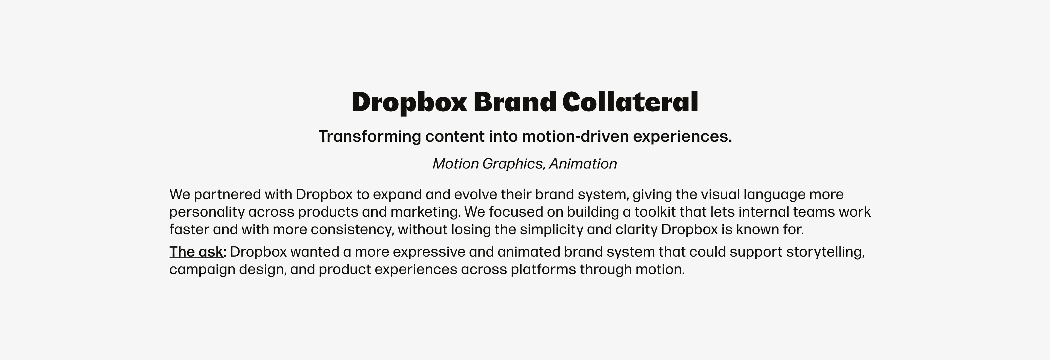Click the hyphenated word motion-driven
point(576,136)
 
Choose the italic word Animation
point(583,164)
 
